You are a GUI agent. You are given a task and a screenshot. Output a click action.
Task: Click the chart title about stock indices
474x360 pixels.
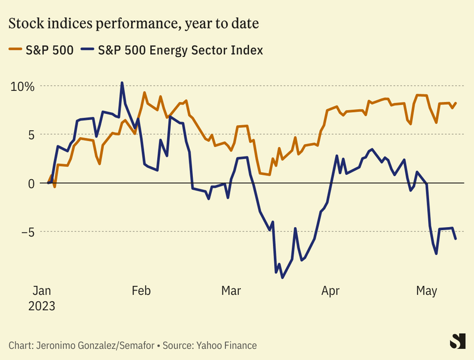point(134,24)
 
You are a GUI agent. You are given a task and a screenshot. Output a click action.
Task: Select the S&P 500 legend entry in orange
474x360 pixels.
point(41,50)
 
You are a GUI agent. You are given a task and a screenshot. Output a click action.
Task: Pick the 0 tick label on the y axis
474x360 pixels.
point(31,183)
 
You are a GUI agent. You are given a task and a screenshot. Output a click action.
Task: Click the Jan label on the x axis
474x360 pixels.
point(42,291)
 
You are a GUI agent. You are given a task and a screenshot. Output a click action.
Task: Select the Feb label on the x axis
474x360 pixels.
point(141,291)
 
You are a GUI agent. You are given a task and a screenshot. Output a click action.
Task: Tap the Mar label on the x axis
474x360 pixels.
point(231,291)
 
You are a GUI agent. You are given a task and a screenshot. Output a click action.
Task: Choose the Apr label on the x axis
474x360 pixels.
point(330,291)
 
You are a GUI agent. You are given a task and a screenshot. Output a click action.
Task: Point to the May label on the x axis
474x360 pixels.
point(427,291)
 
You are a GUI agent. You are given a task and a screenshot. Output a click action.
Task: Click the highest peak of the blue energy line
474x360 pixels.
point(122,83)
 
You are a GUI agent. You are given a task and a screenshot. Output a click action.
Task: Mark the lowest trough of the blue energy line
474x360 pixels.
point(282,277)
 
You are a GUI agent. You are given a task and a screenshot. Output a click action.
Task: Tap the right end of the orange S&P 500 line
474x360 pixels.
point(456,103)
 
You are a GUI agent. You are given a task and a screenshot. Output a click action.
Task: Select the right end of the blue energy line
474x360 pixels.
point(456,239)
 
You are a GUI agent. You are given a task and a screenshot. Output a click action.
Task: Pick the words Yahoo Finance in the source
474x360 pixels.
point(228,345)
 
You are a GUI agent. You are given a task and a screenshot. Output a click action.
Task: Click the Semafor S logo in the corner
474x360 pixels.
point(456,341)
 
